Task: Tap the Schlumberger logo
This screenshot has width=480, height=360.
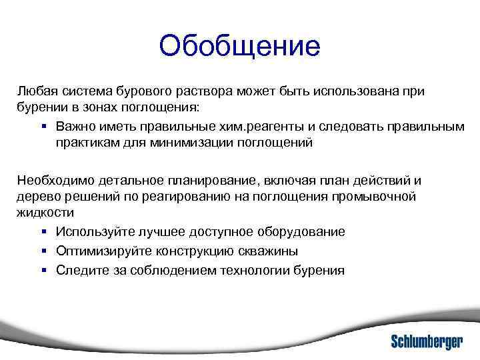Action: coord(427,341)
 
